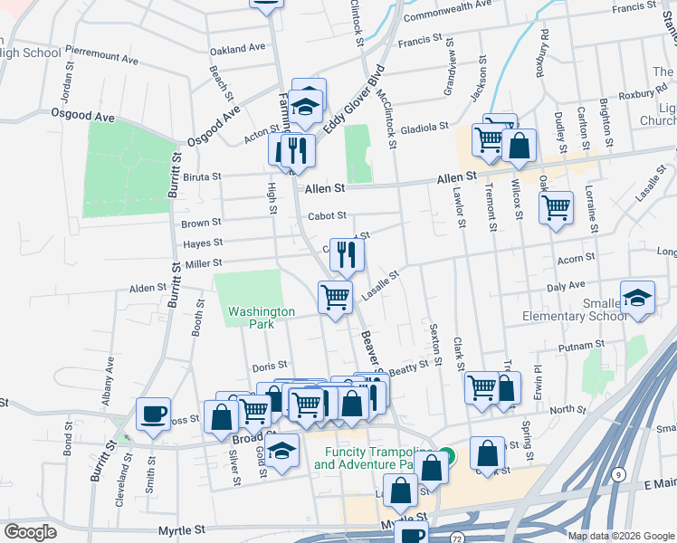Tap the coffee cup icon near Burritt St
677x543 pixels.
coord(152,414)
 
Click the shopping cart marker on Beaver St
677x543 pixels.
coord(335,296)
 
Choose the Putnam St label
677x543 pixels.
coord(581,346)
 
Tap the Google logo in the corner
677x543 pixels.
coord(30,532)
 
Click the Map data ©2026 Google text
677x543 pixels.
coord(621,536)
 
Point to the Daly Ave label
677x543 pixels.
coord(566,285)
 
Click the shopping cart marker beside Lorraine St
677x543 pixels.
coord(556,207)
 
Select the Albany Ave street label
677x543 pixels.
coord(109,375)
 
